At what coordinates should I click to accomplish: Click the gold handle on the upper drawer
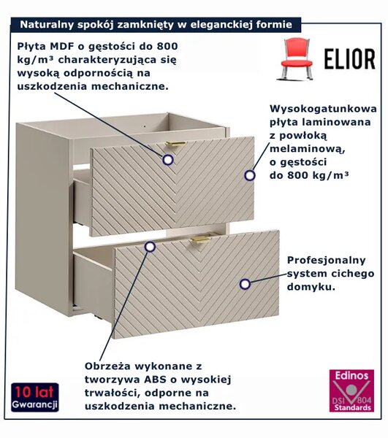(x=176, y=144)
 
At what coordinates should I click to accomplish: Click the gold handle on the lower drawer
(x=200, y=240)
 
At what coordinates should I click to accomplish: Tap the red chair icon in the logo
(x=296, y=59)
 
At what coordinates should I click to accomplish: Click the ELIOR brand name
(x=350, y=59)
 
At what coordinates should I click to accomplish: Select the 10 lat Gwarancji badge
(x=35, y=397)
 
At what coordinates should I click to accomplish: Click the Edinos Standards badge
(x=351, y=391)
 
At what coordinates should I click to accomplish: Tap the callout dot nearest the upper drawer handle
(x=168, y=160)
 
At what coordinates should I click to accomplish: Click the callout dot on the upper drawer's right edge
(x=250, y=175)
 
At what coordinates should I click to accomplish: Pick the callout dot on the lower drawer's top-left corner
(x=150, y=247)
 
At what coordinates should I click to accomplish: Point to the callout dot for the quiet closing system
(x=245, y=284)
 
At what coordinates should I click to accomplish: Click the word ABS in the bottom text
(x=153, y=380)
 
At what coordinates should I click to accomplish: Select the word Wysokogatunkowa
(x=323, y=108)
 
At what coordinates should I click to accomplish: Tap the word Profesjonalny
(x=326, y=261)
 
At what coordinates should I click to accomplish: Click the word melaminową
(x=307, y=149)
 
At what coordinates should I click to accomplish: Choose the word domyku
(x=311, y=287)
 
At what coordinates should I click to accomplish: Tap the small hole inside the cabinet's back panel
(x=145, y=126)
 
